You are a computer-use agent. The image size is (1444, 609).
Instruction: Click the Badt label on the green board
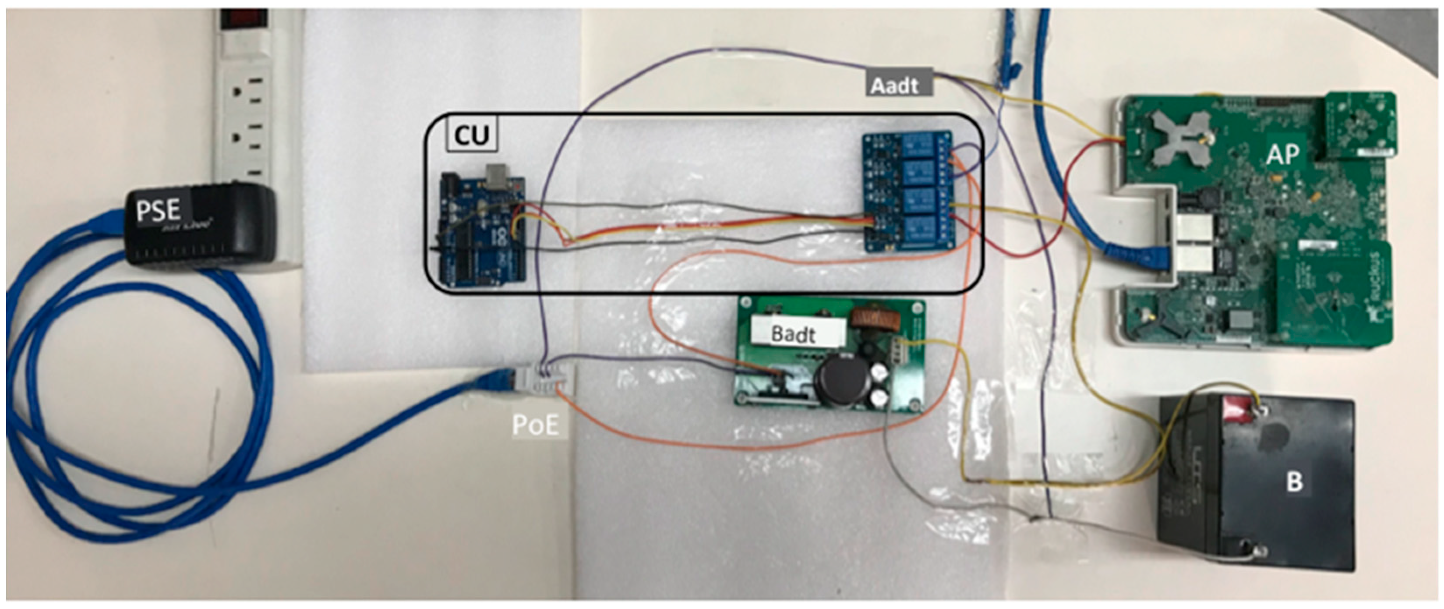[793, 334]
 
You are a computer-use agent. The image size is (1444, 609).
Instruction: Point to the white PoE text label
[535, 425]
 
